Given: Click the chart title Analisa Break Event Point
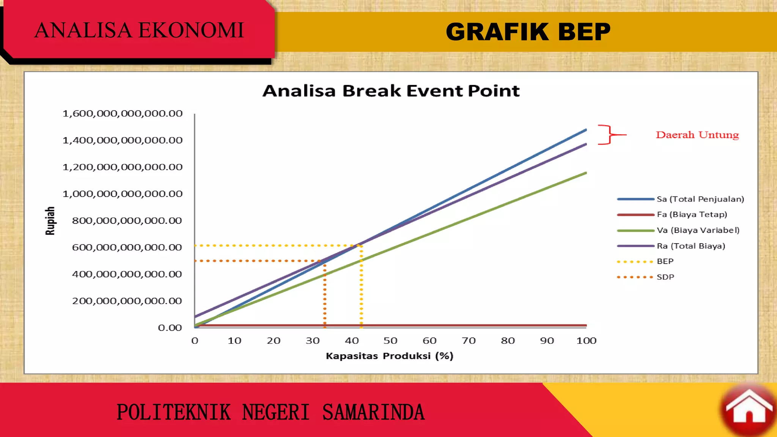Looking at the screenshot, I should (x=391, y=91).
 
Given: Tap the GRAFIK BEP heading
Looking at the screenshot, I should (x=528, y=31).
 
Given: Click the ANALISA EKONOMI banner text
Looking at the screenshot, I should (x=139, y=30).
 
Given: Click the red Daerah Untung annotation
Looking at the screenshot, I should (x=697, y=135).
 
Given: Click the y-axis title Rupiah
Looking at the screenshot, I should (x=50, y=221).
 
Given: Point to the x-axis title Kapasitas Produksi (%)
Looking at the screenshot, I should (x=389, y=356).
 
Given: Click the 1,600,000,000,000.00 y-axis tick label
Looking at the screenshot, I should (x=123, y=113).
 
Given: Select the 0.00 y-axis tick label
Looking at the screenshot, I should (x=170, y=328).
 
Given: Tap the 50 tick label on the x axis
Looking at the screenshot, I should (x=390, y=341).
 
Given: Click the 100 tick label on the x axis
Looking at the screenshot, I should (x=586, y=341).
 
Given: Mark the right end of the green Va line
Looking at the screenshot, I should (x=586, y=173).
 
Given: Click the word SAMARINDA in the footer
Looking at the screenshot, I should (x=373, y=413).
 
